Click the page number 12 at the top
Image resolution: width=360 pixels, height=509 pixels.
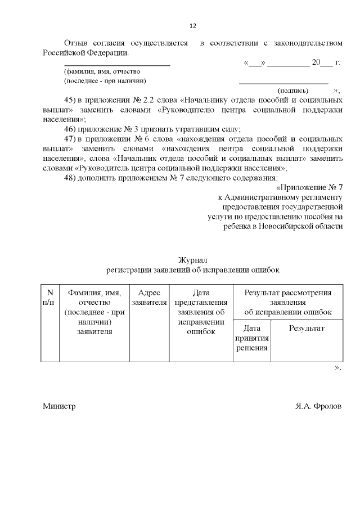pyautogui.click(x=192, y=26)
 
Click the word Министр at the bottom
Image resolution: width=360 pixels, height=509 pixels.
pyautogui.click(x=59, y=406)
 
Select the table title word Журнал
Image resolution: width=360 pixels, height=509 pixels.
pyautogui.click(x=193, y=260)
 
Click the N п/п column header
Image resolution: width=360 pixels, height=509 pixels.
pyautogui.click(x=50, y=298)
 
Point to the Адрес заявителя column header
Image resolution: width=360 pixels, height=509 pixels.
pyautogui.click(x=149, y=298)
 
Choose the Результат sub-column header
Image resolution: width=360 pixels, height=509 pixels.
pyautogui.click(x=307, y=328)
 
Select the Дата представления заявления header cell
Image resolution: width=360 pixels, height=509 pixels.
pyautogui.click(x=201, y=312)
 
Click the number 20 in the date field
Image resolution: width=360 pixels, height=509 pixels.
pyautogui.click(x=316, y=62)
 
